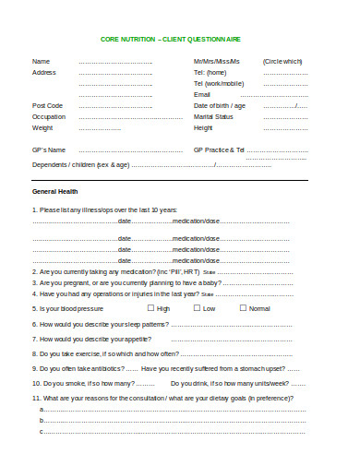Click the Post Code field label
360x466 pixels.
(48, 105)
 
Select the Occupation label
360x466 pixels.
(50, 116)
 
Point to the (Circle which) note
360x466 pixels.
(282, 61)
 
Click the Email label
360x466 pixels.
(202, 94)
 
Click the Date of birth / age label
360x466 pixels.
(220, 105)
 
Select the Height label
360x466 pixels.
(204, 127)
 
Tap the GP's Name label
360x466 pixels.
(50, 149)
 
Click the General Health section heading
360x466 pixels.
(56, 191)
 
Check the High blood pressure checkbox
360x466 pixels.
(150, 308)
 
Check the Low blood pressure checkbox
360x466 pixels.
(196, 308)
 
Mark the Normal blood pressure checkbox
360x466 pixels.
(243, 308)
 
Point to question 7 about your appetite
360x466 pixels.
(91, 339)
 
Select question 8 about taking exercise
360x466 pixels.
(106, 353)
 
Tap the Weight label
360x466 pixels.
(43, 127)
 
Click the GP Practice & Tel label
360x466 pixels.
(220, 149)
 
